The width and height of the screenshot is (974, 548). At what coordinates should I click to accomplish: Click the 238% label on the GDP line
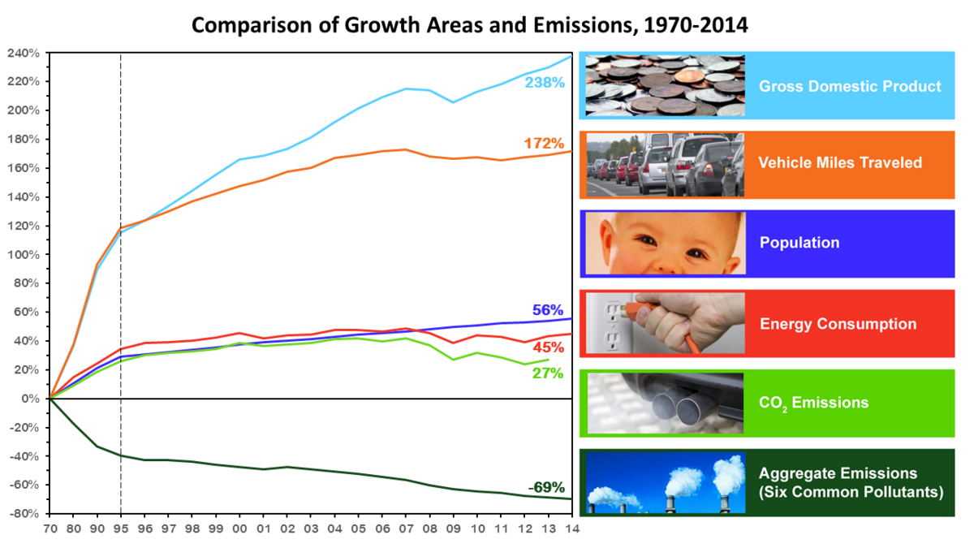544,83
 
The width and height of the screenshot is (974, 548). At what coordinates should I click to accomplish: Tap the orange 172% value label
544,144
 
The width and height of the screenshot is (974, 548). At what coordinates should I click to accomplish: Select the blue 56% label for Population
548,310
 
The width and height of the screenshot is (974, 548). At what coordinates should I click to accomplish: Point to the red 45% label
548,347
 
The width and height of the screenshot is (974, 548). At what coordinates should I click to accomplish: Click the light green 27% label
548,373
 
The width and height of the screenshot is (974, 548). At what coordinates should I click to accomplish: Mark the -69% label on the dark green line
545,487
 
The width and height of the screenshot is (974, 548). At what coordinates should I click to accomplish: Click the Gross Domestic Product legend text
850,86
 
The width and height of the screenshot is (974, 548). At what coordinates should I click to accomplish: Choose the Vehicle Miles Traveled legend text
840,163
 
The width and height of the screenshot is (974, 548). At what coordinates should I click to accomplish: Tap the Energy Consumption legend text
838,324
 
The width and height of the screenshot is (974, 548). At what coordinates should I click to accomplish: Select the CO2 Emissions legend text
814,403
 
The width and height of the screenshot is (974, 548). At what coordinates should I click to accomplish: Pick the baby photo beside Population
664,244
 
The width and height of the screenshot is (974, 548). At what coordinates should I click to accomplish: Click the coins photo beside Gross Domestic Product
664,84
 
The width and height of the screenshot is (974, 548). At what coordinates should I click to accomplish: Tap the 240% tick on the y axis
24,53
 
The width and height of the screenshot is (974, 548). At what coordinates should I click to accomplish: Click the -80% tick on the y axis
24,514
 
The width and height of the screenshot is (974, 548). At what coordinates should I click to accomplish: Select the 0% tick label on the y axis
31,399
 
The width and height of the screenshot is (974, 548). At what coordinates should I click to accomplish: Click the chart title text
469,25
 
